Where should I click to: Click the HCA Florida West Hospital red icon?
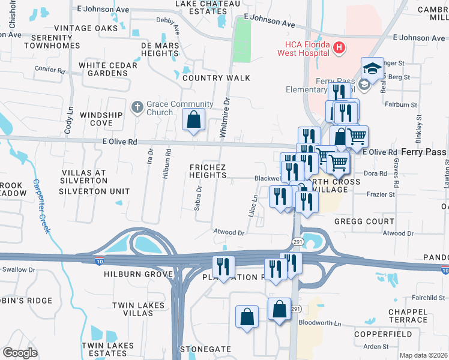tap(339, 47)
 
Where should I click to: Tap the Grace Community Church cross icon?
tap(137, 108)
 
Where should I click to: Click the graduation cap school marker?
tap(372, 68)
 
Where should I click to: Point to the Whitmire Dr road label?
tap(226, 118)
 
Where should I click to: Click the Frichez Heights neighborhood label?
tap(208, 170)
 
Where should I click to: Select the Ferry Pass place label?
tap(424, 152)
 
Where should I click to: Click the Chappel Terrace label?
tap(408, 316)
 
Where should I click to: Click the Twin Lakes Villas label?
tap(139, 310)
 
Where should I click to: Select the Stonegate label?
tap(205, 349)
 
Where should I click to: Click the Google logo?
tap(20, 353)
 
